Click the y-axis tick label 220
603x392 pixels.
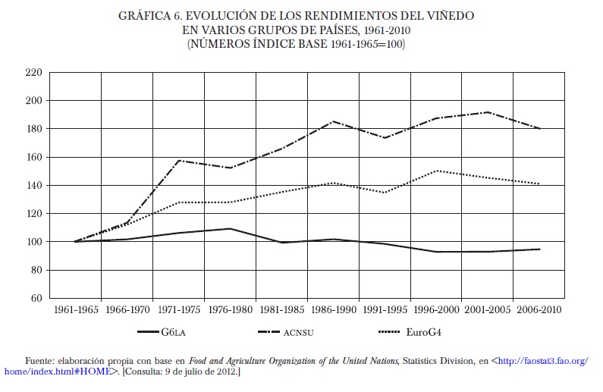pyautogui.click(x=33, y=73)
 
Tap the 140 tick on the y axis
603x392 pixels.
pyautogui.click(x=33, y=186)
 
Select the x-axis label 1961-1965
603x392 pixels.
pyautogui.click(x=75, y=310)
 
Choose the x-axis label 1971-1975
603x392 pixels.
pyautogui.click(x=177, y=310)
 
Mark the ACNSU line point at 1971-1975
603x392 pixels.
pyautogui.click(x=177, y=161)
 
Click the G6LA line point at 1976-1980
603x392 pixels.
pyautogui.click(x=229, y=228)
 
